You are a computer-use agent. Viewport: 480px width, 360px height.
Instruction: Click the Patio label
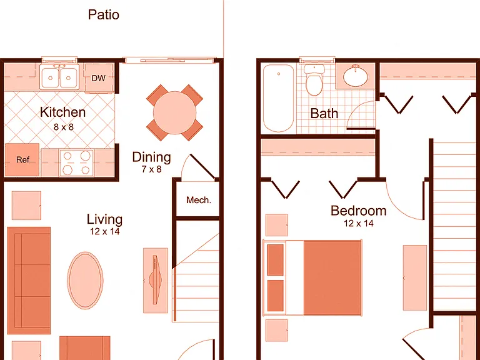[x=104, y=15]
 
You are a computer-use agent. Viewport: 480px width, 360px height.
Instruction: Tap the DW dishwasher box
[x=99, y=78]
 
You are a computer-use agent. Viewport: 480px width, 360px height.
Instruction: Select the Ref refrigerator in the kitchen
[x=22, y=159]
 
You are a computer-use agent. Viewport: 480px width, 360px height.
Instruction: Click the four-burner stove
[x=76, y=162]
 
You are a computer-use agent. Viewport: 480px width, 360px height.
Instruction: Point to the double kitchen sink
[x=59, y=76]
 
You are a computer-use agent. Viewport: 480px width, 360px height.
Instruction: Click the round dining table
[x=174, y=112]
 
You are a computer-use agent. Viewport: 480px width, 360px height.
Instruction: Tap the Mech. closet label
[x=199, y=200]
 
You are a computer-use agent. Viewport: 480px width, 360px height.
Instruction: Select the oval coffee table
[x=85, y=280]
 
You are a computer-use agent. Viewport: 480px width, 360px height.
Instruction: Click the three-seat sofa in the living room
[x=29, y=281]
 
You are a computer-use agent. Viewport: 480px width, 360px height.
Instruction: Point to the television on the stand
[x=156, y=280]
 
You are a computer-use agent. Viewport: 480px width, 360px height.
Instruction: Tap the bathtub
[x=278, y=98]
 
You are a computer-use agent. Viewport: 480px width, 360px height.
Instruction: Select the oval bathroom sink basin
[x=356, y=76]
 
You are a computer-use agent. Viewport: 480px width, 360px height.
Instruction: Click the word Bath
[x=324, y=113]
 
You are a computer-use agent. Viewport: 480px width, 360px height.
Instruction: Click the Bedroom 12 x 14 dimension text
[x=359, y=224]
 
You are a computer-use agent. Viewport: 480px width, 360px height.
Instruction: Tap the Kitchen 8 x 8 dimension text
[x=64, y=127]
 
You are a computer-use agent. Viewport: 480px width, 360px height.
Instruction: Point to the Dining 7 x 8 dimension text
[x=151, y=169]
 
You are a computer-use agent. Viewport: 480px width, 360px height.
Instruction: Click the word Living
[x=105, y=219]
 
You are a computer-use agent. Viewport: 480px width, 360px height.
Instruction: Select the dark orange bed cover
[x=332, y=277]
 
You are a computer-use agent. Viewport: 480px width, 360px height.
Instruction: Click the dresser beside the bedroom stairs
[x=415, y=277]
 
